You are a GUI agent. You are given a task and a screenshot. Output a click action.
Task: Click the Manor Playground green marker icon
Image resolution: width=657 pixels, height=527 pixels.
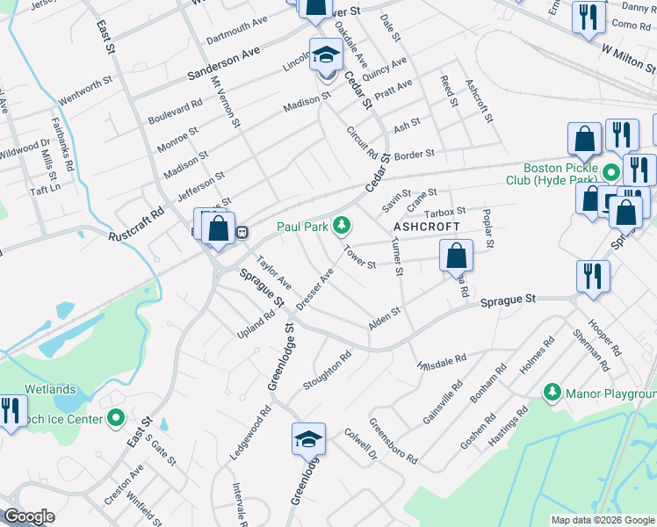coord(552,391)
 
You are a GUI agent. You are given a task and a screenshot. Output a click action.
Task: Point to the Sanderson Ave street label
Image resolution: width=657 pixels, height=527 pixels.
coord(225,66)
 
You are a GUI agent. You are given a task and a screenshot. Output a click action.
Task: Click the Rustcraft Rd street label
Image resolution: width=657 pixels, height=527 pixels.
coord(137,225)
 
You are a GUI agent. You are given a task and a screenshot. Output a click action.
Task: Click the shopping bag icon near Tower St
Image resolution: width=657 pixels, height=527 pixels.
coord(456,256)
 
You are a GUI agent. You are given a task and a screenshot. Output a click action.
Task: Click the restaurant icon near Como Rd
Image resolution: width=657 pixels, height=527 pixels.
coord(587,18)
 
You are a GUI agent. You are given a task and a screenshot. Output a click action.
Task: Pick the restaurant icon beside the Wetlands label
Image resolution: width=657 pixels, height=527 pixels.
coord(11,412)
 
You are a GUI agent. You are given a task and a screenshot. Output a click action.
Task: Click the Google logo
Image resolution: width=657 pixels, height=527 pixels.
coord(28,516)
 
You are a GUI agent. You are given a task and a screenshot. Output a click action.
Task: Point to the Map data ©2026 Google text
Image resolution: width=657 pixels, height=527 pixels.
coord(602,520)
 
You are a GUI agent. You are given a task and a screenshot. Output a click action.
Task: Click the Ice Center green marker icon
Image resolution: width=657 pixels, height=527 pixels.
coord(115,419)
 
